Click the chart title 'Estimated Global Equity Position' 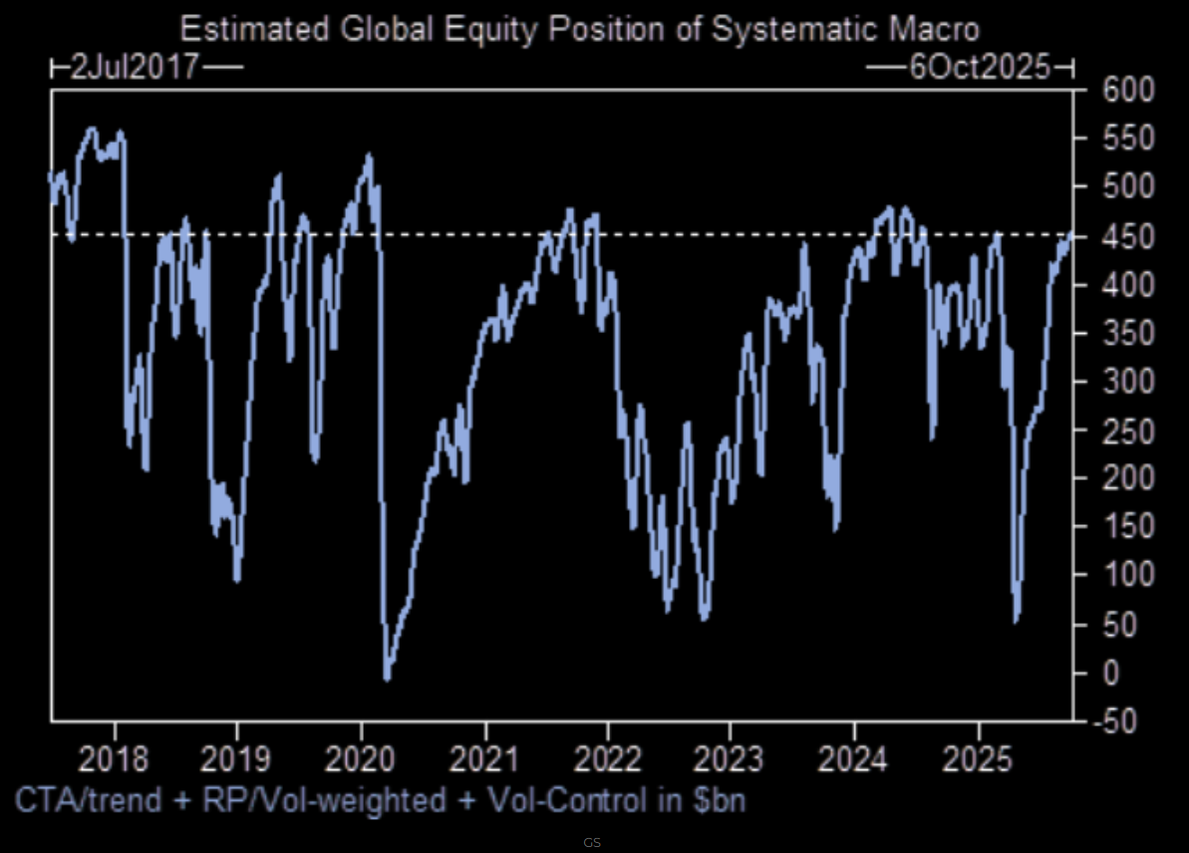[578, 29]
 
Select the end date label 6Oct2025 [980, 68]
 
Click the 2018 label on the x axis [114, 758]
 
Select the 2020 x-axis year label [361, 758]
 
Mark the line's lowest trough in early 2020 [387, 680]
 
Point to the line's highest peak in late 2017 [92, 129]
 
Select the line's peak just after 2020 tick [369, 154]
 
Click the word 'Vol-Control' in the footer [564, 799]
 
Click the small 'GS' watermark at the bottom [592, 843]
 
